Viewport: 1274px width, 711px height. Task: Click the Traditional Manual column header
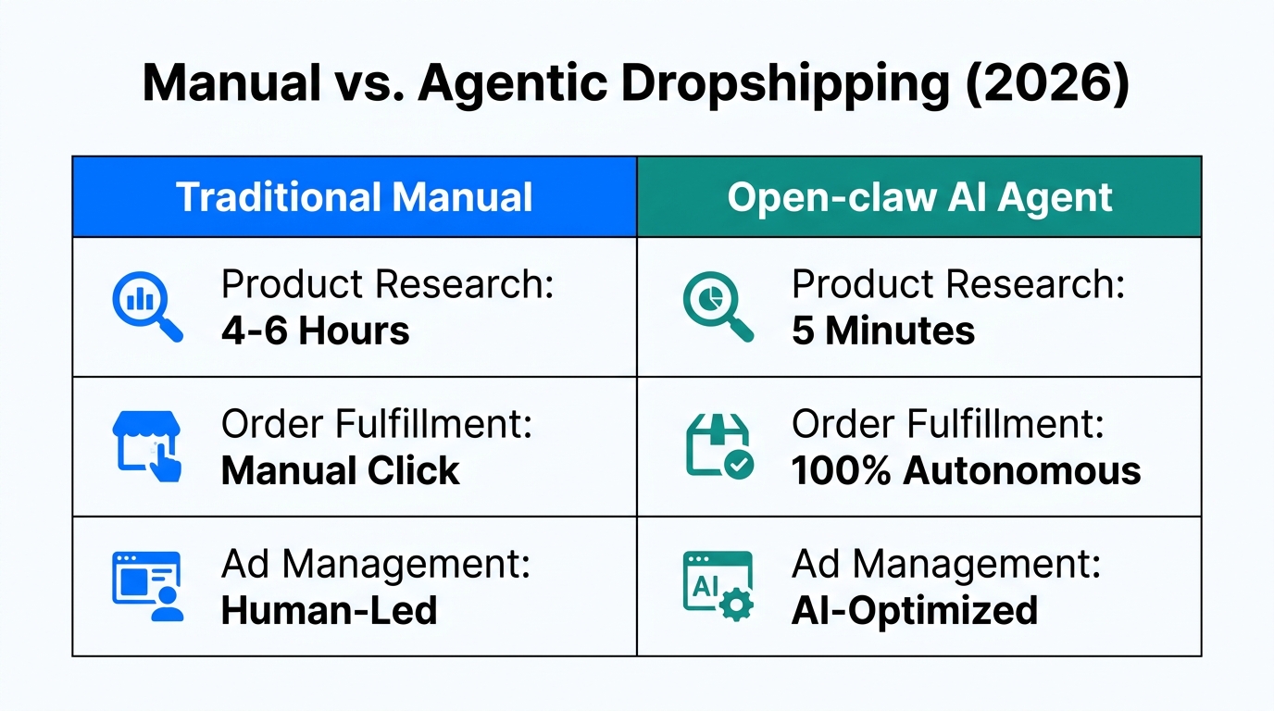354,197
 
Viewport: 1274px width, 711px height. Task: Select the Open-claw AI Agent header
919,197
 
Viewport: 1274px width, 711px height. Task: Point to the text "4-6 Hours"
315,331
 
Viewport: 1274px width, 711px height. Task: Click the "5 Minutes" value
882,331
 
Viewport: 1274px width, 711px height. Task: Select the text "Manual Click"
340,470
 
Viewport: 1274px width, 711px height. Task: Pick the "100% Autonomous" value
966,470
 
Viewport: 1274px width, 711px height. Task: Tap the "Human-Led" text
329,610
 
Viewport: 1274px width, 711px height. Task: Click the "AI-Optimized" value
914,610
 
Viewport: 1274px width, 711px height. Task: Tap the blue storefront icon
146,447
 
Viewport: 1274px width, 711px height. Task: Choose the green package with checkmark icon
718,447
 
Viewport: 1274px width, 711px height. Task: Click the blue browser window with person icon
146,587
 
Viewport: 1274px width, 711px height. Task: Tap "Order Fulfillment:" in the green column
947,425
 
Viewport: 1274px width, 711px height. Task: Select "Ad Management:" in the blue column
376,565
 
